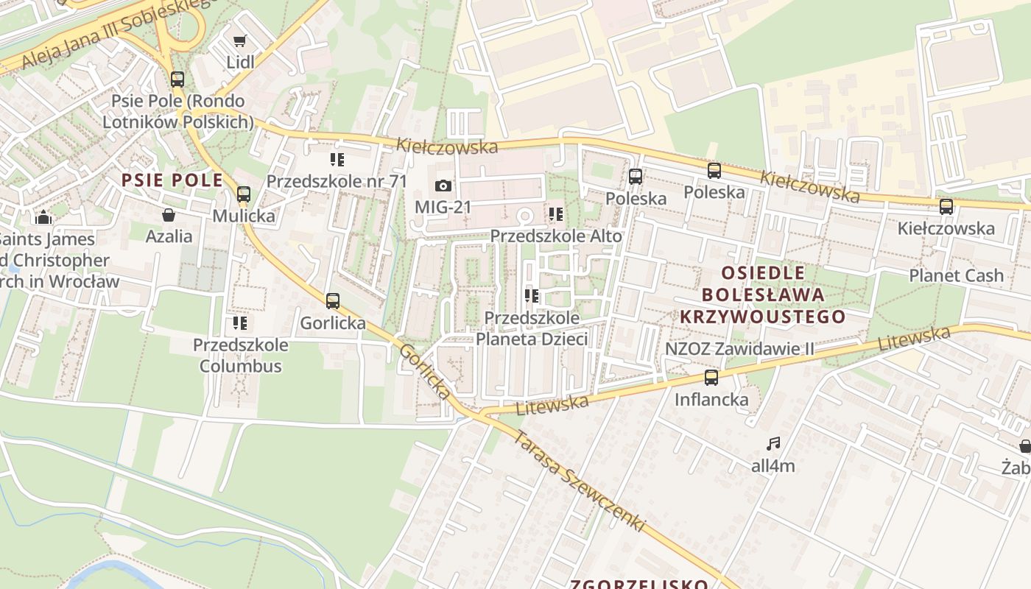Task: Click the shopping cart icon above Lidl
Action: (239, 41)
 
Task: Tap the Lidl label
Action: (240, 62)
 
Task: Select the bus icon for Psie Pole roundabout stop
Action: (177, 80)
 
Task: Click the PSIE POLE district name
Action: (172, 180)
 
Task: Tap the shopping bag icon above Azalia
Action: (169, 215)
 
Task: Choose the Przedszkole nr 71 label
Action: (337, 181)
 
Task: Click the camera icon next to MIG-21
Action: (443, 186)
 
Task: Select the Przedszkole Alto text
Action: (556, 236)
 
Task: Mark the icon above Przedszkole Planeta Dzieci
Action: (531, 297)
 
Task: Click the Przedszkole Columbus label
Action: (240, 355)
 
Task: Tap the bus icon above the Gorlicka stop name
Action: (333, 301)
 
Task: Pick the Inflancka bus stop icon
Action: (711, 378)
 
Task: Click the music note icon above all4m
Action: (773, 444)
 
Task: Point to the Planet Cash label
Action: (956, 276)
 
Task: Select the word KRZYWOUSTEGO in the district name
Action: (762, 317)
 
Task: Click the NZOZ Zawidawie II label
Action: (739, 348)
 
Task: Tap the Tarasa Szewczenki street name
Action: (579, 482)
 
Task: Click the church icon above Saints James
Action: (43, 217)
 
